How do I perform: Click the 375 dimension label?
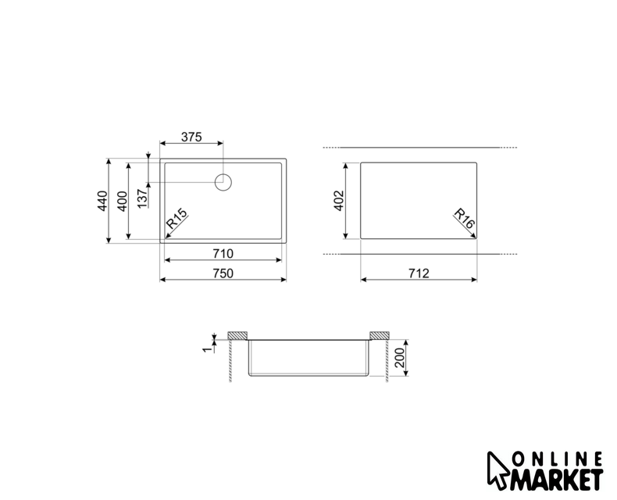coord(191,137)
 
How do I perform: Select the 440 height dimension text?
coord(102,201)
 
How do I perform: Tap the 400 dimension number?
coord(123,202)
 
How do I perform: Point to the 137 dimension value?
coord(142,198)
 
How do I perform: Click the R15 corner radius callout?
coord(177,219)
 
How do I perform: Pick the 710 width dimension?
coord(223,254)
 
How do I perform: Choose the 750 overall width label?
coord(223,273)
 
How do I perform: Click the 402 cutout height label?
coord(339,201)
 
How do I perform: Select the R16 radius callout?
coord(465,219)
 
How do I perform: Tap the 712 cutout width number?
coord(419,273)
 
